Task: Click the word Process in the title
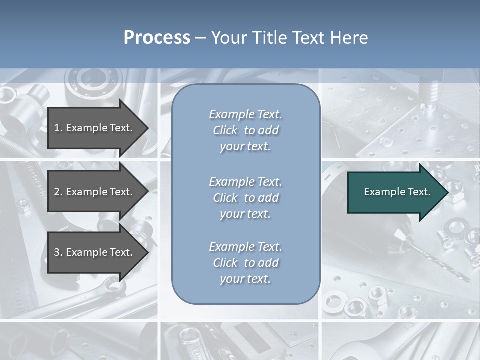(157, 38)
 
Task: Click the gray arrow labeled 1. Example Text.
(95, 128)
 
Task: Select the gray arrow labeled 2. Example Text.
(95, 192)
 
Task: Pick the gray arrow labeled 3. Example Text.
(95, 252)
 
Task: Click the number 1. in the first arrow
(58, 128)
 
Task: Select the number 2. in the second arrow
(58, 192)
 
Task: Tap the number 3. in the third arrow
(58, 252)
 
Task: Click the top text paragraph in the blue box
(245, 130)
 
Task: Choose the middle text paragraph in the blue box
(245, 198)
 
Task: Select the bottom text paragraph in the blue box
(245, 263)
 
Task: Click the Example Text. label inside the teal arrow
(397, 192)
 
